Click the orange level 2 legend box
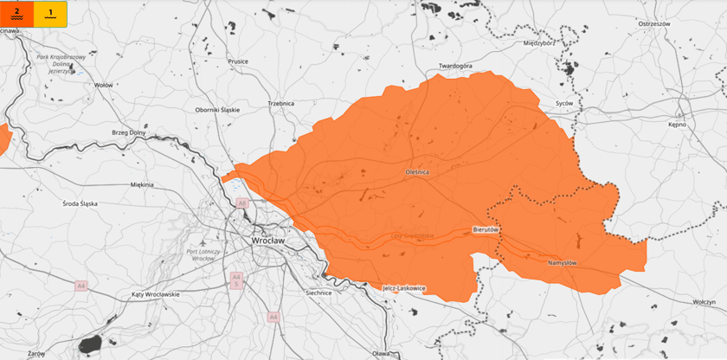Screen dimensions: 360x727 18,14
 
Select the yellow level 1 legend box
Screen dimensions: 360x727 51,14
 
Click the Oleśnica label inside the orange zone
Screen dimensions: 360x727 417,173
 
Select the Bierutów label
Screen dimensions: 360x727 486,229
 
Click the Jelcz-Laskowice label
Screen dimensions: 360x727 403,288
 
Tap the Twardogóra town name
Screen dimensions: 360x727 456,66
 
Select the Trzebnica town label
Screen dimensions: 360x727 280,103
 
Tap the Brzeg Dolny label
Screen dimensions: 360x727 130,132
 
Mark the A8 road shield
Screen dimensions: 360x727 242,202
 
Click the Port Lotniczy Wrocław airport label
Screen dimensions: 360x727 204,254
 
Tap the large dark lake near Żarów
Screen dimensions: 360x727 90,344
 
